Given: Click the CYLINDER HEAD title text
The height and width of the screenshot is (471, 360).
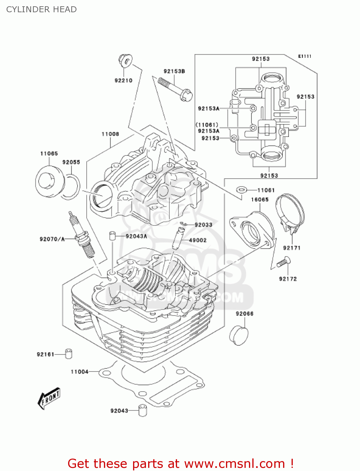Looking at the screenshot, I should [41, 9].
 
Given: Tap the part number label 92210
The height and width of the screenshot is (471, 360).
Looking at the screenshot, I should [123, 80].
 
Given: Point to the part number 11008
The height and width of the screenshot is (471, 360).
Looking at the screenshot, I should [110, 134].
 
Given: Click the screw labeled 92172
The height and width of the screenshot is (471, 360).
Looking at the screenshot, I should [283, 262].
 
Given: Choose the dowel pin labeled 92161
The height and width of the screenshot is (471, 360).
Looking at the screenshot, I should [69, 354].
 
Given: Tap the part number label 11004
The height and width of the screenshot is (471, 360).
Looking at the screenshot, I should [79, 372].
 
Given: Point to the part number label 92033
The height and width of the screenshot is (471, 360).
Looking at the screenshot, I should [203, 225].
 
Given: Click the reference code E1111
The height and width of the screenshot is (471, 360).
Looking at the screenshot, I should [304, 56].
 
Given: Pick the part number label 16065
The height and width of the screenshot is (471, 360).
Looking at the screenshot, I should [260, 199].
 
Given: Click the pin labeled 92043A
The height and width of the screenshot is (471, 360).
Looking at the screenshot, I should [112, 236].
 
